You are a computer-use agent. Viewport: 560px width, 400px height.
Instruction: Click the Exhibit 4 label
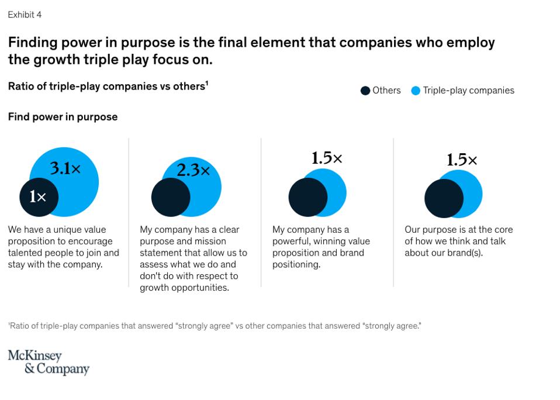pyautogui.click(x=25, y=15)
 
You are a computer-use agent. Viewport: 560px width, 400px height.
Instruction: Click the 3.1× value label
pyautogui.click(x=65, y=169)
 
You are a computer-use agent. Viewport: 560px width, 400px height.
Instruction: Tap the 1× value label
pyautogui.click(x=38, y=197)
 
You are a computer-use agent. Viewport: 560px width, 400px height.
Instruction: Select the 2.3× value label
pyautogui.click(x=193, y=170)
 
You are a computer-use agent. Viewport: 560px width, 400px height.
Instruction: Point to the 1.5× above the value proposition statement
pyautogui.click(x=326, y=158)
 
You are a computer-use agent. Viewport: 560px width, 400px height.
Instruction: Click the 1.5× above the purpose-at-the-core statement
pyautogui.click(x=462, y=160)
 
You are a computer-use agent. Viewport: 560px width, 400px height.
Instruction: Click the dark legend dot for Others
pyautogui.click(x=365, y=91)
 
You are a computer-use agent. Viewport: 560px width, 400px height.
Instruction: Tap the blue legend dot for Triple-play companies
pyautogui.click(x=416, y=91)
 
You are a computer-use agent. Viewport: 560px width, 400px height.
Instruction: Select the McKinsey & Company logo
pyautogui.click(x=48, y=362)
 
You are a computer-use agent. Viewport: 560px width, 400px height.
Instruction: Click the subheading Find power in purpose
pyautogui.click(x=63, y=117)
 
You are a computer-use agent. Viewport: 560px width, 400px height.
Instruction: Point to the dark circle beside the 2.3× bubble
pyautogui.click(x=171, y=197)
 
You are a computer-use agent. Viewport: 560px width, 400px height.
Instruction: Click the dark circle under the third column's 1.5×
pyautogui.click(x=307, y=197)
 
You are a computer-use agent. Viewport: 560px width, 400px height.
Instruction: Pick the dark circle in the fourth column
pyautogui.click(x=444, y=198)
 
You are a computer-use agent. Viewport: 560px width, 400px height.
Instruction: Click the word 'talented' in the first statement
pyautogui.click(x=26, y=253)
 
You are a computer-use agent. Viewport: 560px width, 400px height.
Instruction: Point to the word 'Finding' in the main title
pyautogui.click(x=29, y=43)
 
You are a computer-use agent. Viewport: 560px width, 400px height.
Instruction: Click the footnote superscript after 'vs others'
pyautogui.click(x=207, y=84)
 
